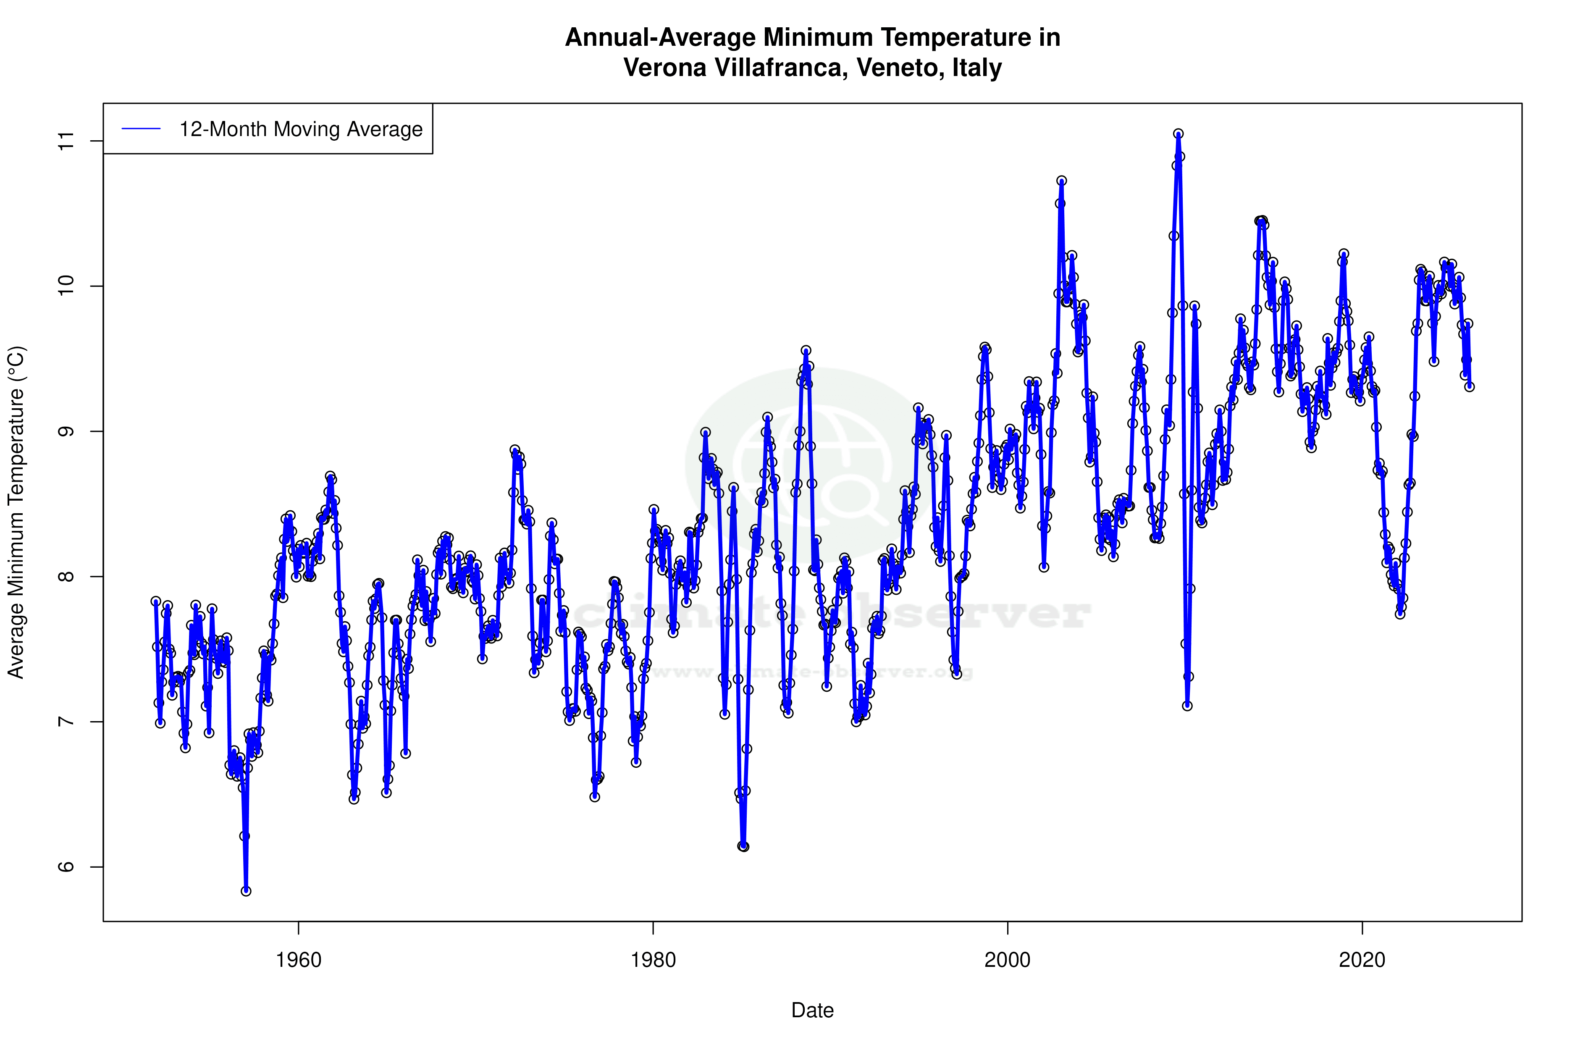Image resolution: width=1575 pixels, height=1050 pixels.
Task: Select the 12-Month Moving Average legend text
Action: [x=301, y=129]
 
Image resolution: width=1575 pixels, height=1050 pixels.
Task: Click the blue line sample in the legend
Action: [x=141, y=129]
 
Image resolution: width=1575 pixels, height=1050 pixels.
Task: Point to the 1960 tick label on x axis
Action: [x=299, y=960]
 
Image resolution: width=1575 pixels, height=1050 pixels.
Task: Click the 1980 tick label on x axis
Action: [x=653, y=960]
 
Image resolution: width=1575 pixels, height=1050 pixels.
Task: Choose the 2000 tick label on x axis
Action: [x=1007, y=960]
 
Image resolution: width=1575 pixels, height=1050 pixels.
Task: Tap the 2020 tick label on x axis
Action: [x=1361, y=960]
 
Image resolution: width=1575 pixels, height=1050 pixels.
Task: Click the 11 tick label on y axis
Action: [x=66, y=141]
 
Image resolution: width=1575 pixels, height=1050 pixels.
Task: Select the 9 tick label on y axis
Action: [x=66, y=431]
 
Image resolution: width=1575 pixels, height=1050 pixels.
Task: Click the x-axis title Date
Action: [x=812, y=1011]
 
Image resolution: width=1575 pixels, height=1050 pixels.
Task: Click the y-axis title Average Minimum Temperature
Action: [x=16, y=512]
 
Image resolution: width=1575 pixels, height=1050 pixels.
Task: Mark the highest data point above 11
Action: [x=1179, y=134]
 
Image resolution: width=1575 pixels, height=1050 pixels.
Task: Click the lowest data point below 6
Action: [x=246, y=891]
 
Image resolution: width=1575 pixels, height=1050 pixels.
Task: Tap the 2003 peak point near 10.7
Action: [x=1061, y=181]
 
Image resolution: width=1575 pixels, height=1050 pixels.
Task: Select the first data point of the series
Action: [x=155, y=601]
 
